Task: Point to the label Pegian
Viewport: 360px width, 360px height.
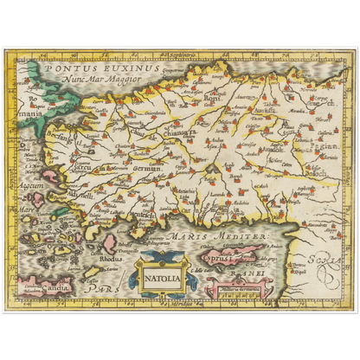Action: (326, 148)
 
